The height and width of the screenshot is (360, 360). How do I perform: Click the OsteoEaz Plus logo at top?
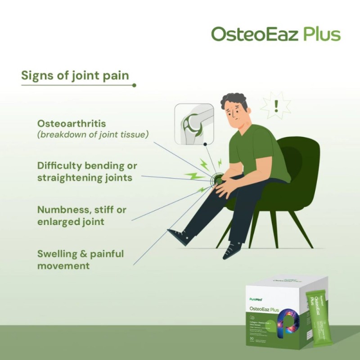click(x=275, y=34)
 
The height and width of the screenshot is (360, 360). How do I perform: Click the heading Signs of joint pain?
click(x=75, y=75)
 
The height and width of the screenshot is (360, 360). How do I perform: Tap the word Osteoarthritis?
click(x=72, y=123)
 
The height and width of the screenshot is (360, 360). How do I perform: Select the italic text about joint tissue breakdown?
click(x=93, y=134)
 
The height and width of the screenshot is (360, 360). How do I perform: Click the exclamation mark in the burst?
click(x=276, y=106)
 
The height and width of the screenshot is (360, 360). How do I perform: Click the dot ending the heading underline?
click(x=134, y=85)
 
